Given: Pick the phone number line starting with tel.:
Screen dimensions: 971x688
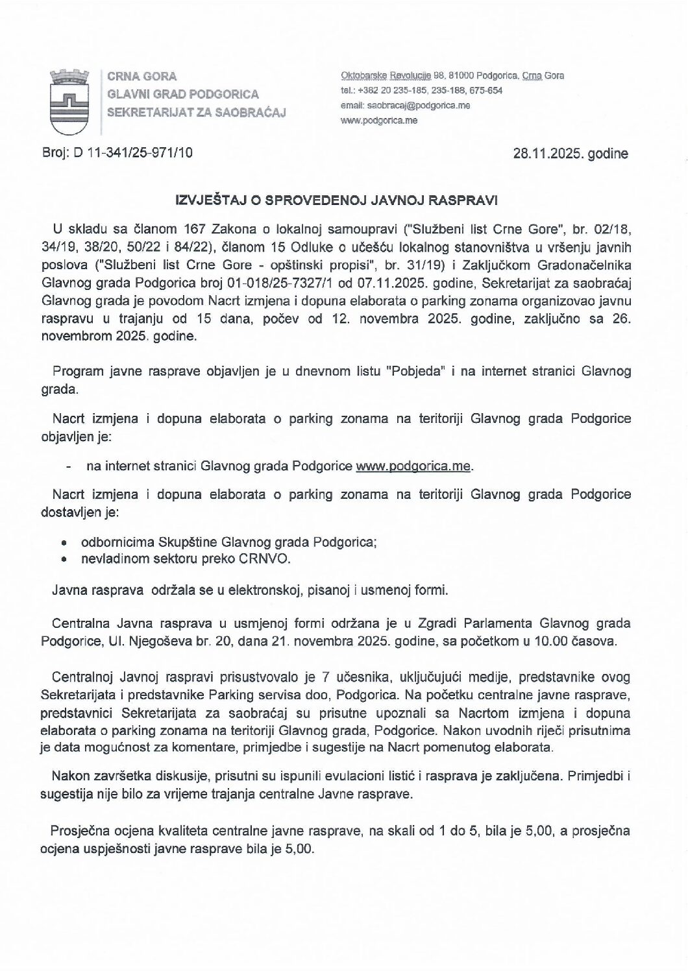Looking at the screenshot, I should pos(421,91).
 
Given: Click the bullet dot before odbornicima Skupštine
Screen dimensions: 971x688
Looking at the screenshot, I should pos(63,542).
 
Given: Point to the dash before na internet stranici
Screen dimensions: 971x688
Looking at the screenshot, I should pos(68,466).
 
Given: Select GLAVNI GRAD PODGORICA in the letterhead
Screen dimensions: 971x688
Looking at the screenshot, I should pos(182,94).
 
